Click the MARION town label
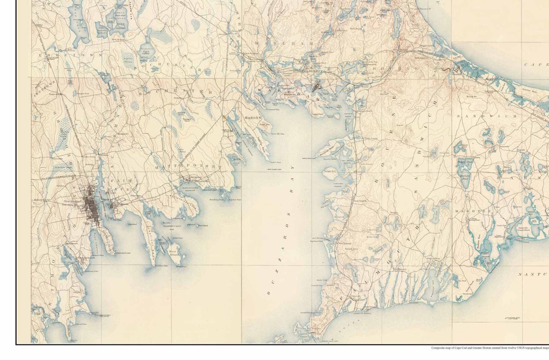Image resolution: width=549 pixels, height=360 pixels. point(253,118)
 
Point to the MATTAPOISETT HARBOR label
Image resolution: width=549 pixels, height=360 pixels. point(190,189)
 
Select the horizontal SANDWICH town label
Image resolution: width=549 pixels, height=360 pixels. point(487,116)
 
